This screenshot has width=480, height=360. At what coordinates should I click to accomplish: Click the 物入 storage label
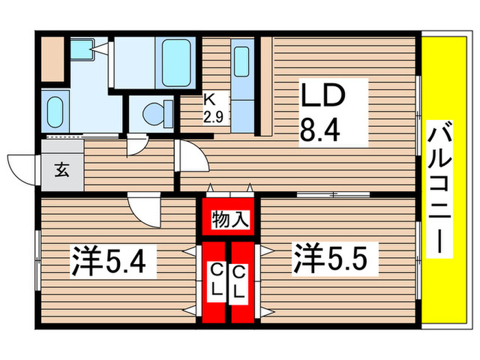point(229,220)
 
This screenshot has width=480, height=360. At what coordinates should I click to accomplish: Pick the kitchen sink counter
point(241,75)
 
